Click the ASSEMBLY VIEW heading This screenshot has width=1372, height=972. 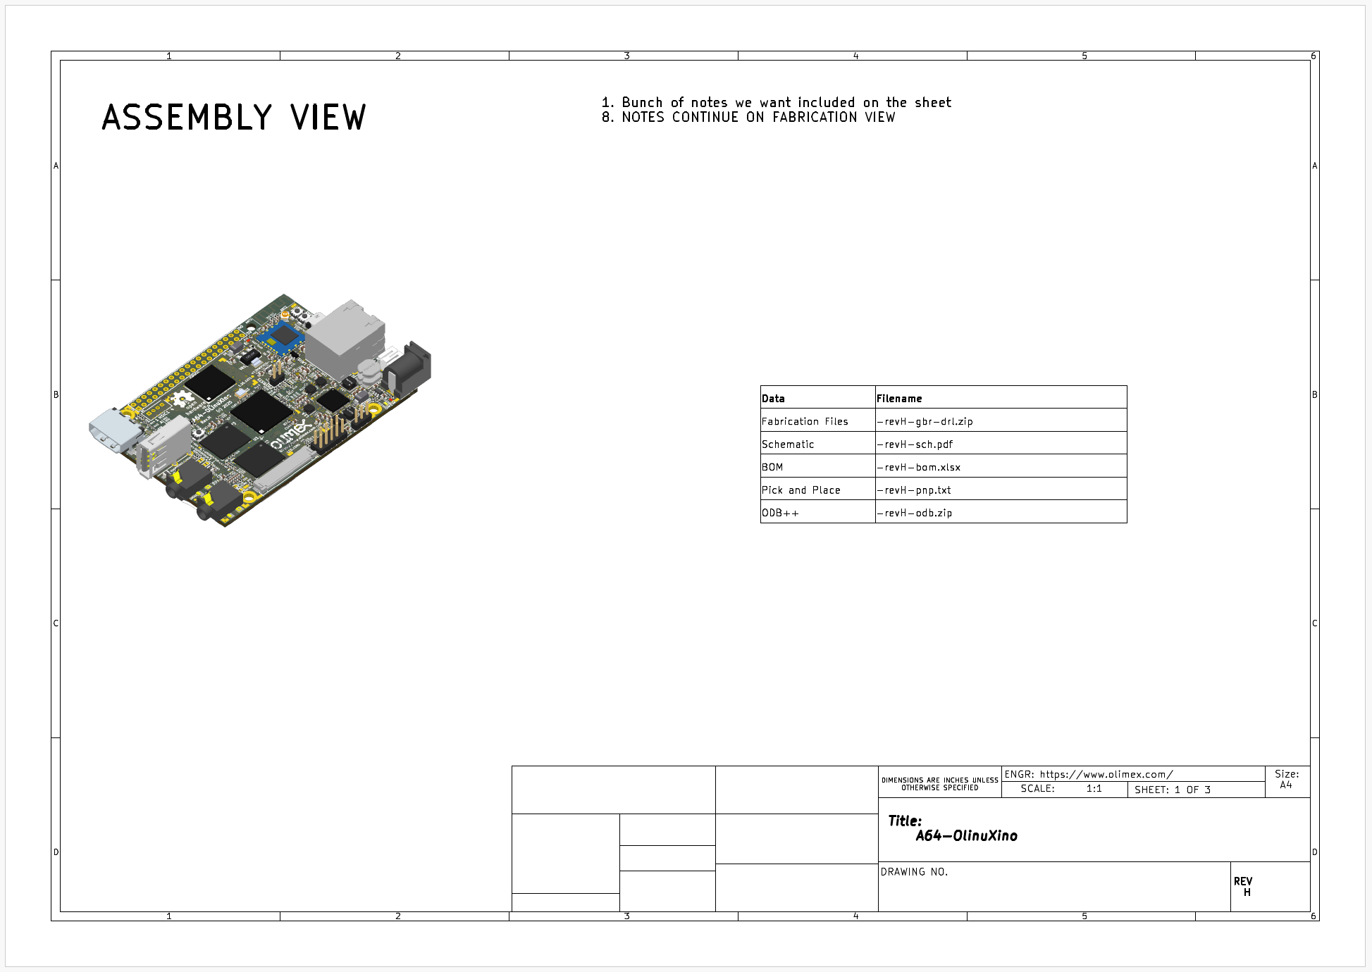pos(234,117)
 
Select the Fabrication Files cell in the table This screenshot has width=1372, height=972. pos(805,421)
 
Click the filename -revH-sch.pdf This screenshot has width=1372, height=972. pos(915,444)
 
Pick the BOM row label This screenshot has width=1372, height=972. pos(772,467)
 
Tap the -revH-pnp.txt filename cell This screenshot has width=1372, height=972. pos(914,490)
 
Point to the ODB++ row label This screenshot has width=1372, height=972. pos(780,513)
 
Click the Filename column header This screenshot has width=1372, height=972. pos(899,399)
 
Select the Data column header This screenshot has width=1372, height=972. pos(773,399)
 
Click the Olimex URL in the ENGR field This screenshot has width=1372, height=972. pos(1106,774)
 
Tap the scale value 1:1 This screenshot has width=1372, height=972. pos(1094,789)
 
